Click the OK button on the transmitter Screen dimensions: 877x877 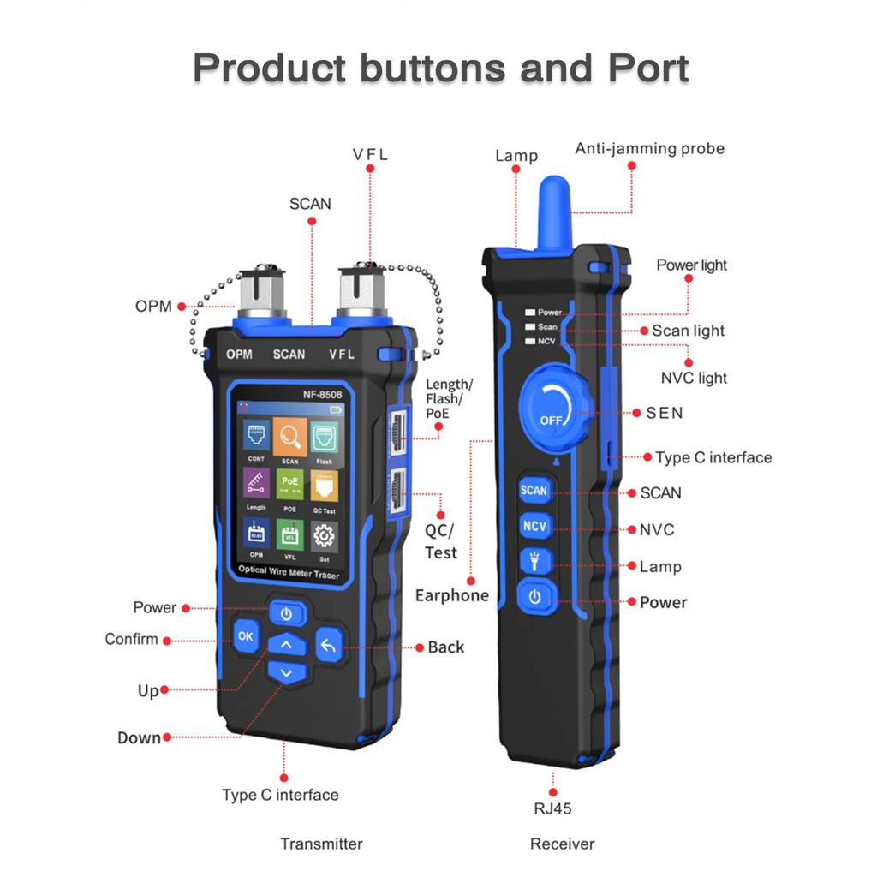coord(246,636)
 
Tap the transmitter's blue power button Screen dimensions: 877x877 coord(286,613)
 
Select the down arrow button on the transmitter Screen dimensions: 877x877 coord(286,674)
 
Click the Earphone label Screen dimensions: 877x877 coord(451,595)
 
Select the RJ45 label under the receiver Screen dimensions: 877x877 coord(552,808)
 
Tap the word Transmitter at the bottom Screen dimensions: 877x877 coord(321,844)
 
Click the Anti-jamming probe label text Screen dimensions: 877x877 coord(649,149)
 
